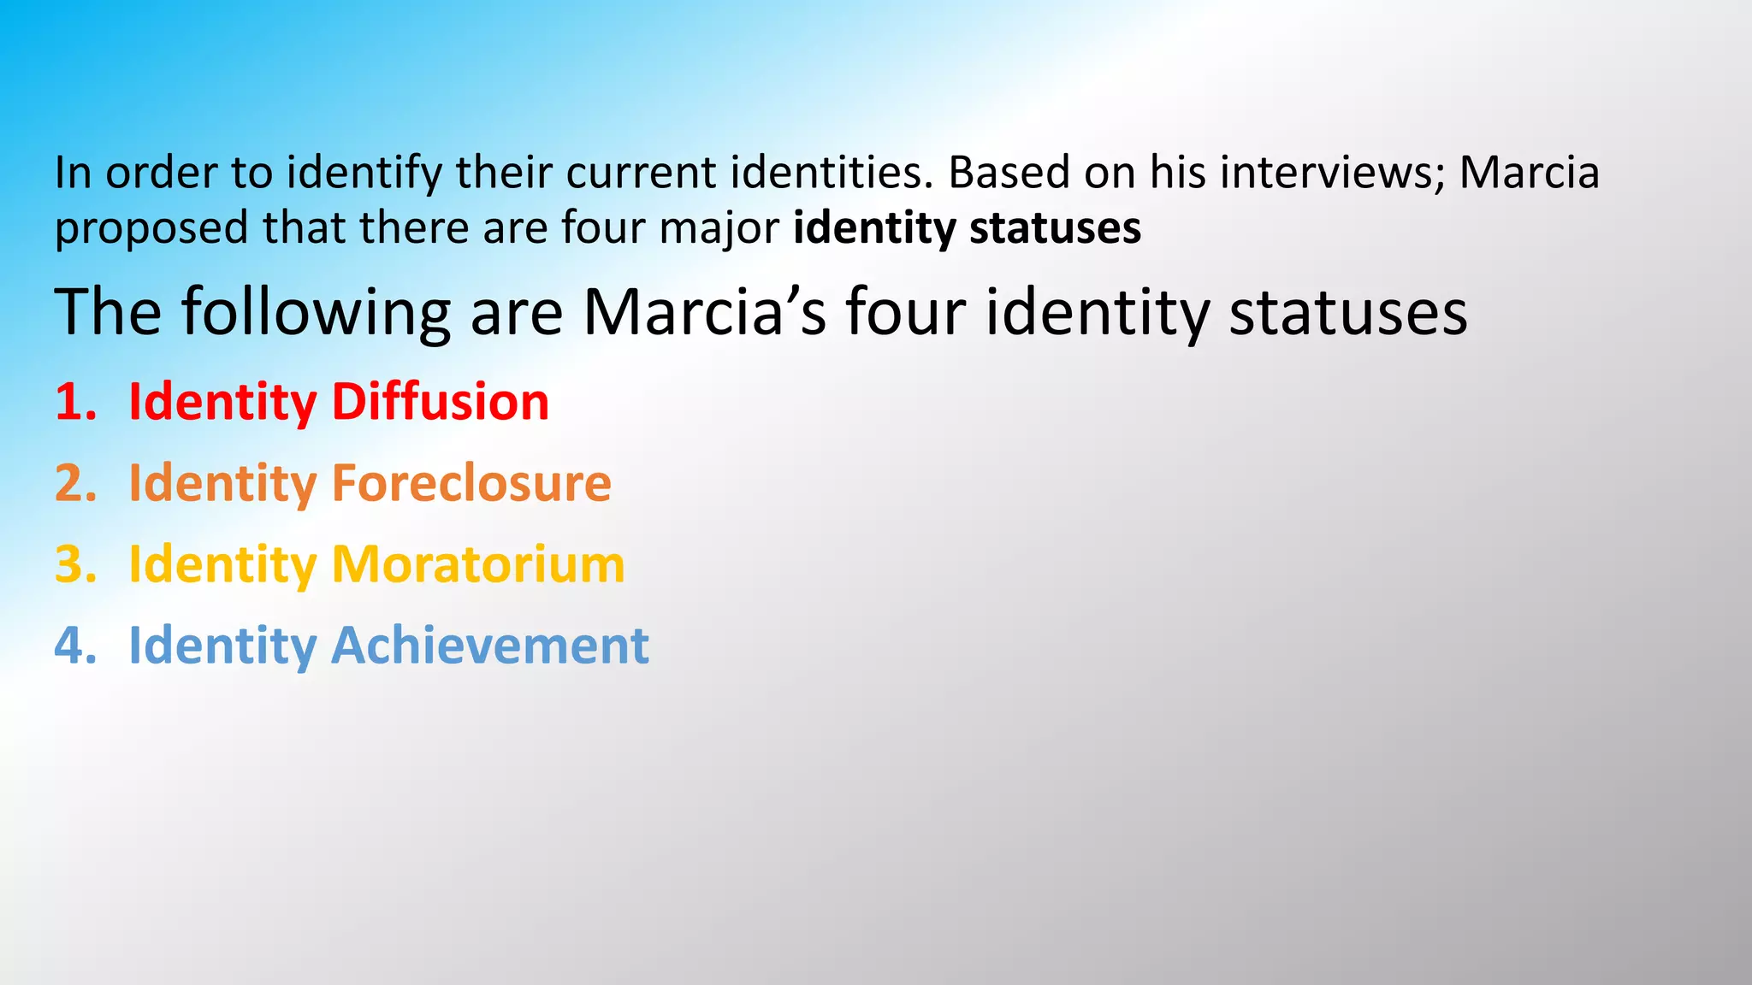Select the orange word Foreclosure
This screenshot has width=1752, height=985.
[471, 482]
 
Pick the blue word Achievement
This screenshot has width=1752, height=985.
[489, 645]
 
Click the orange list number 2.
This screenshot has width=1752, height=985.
[74, 482]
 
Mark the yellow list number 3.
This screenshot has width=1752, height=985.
[74, 564]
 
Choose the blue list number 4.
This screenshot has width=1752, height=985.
[74, 645]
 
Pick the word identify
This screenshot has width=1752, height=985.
[364, 174]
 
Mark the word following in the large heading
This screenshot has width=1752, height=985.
[316, 313]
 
